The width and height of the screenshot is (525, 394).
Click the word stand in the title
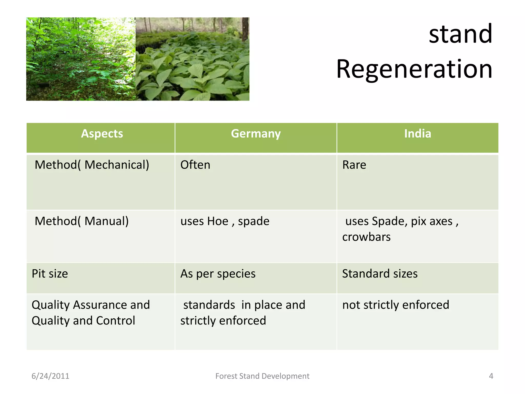pyautogui.click(x=460, y=34)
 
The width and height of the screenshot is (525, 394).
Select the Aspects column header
pyautogui.click(x=102, y=134)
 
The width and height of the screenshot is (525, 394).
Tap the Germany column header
pyautogui.click(x=256, y=134)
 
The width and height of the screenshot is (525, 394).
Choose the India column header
pyautogui.click(x=417, y=134)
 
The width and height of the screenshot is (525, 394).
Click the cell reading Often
pyautogui.click(x=195, y=165)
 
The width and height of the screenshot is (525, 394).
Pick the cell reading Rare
pyautogui.click(x=354, y=165)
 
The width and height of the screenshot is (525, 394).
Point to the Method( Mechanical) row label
pyautogui.click(x=92, y=165)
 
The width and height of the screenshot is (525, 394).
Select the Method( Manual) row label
pyautogui.click(x=82, y=221)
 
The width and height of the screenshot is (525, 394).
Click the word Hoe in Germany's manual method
pyautogui.click(x=218, y=221)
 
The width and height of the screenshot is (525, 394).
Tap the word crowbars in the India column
pyautogui.click(x=366, y=237)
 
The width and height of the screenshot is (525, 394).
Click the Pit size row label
pyautogui.click(x=50, y=274)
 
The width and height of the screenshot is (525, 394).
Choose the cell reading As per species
pyautogui.click(x=218, y=274)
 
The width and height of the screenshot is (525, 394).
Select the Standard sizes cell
pyautogui.click(x=380, y=274)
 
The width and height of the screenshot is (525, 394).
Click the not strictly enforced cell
pyautogui.click(x=396, y=305)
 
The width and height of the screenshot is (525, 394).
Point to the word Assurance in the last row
pyautogui.click(x=100, y=305)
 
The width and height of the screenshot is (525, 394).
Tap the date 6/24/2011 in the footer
pyautogui.click(x=50, y=376)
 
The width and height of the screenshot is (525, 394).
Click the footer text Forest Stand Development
pyautogui.click(x=262, y=376)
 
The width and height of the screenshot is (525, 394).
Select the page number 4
pyautogui.click(x=491, y=376)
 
